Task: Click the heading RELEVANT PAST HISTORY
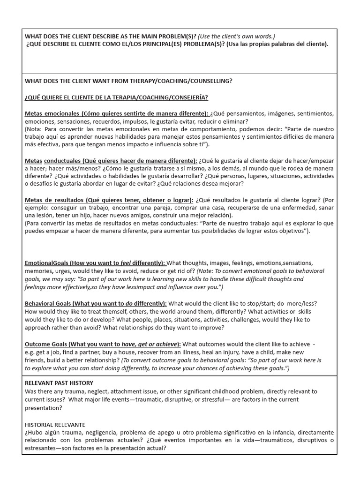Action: click(x=59, y=383)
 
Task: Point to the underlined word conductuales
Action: click(x=64, y=161)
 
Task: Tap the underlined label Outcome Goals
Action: click(x=45, y=344)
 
